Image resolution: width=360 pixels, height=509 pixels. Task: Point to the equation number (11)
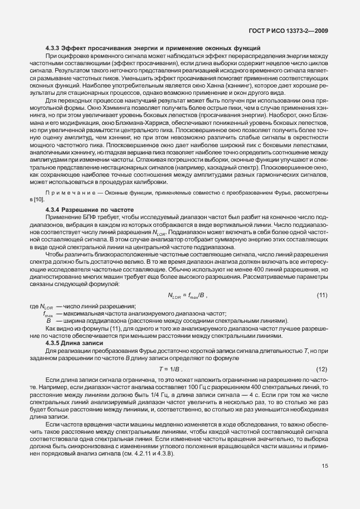tap(321, 294)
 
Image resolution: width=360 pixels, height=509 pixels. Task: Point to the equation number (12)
tap(321, 370)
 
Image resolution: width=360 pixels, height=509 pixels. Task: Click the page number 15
tap(324, 482)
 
